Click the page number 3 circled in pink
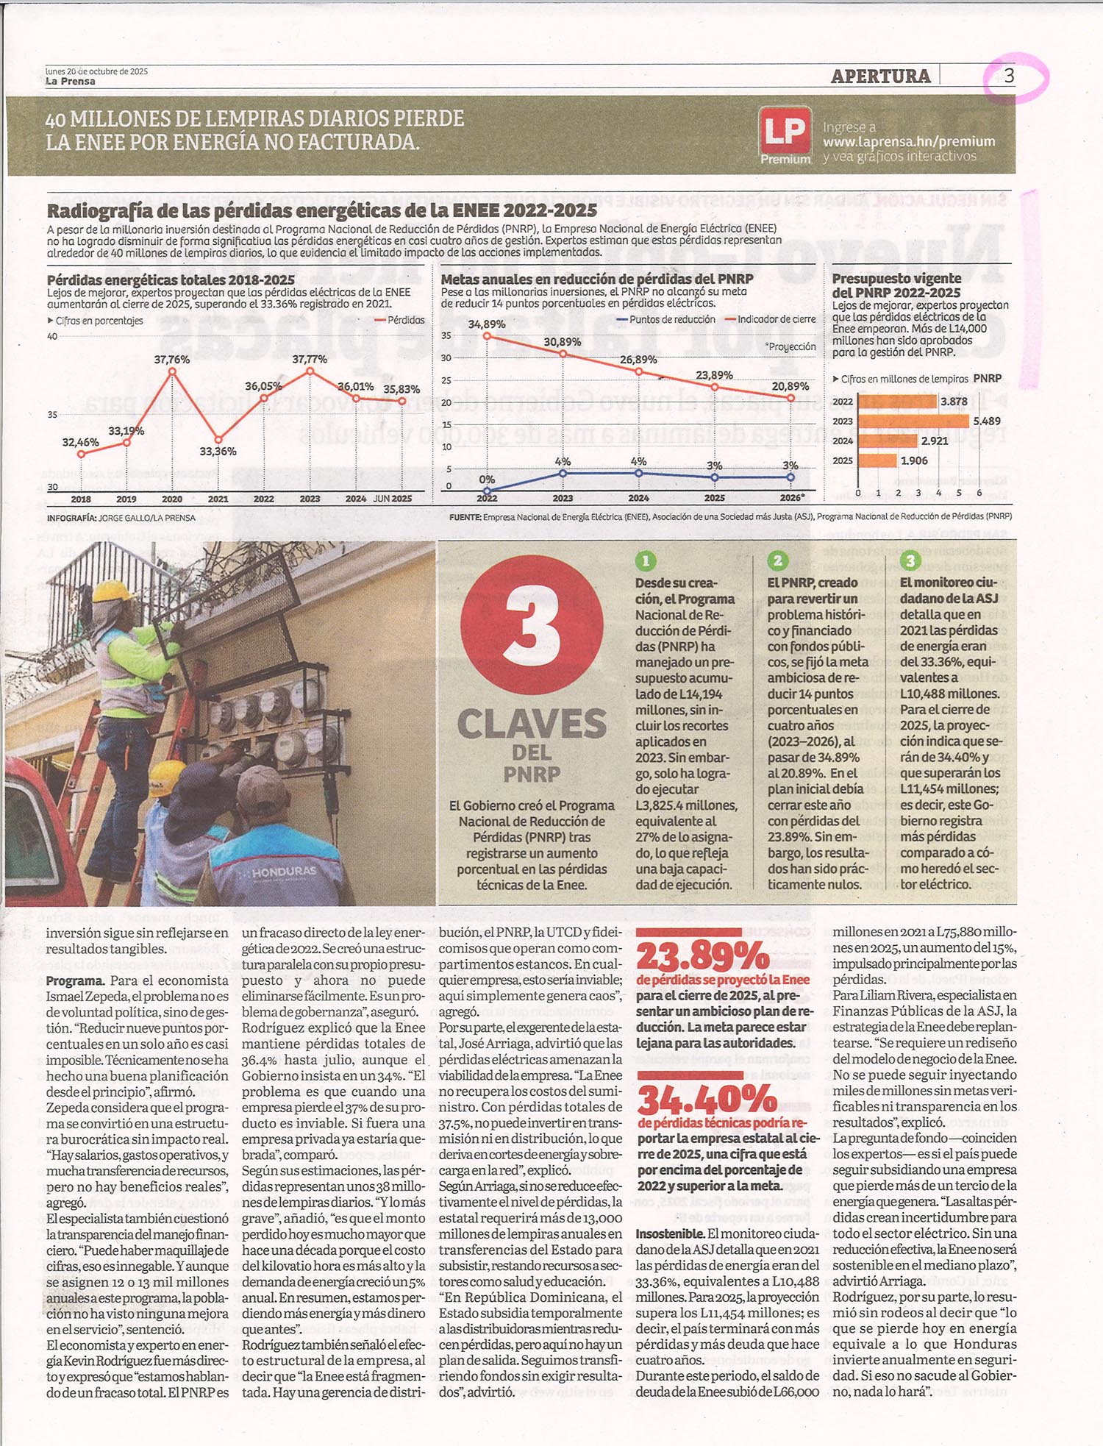[x=1010, y=76]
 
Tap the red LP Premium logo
[x=785, y=135]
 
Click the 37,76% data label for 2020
[x=172, y=360]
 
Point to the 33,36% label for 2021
[x=218, y=451]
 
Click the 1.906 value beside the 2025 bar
[x=914, y=461]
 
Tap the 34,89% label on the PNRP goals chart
[x=487, y=324]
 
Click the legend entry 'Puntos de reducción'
[x=672, y=320]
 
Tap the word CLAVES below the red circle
[x=532, y=724]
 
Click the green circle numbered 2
[x=777, y=561]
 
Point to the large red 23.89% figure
[x=703, y=957]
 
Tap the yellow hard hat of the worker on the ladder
[x=113, y=591]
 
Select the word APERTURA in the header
[x=880, y=76]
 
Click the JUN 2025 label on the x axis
[x=392, y=499]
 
